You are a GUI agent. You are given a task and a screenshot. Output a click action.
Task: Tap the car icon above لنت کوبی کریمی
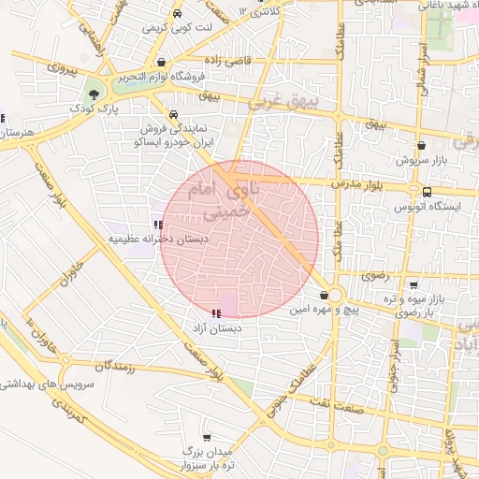click(178, 14)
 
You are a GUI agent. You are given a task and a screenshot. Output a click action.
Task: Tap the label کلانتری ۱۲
click(258, 11)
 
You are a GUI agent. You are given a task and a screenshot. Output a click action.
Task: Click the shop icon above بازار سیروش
click(422, 146)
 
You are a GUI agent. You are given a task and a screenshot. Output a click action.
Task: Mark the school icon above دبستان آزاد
click(217, 314)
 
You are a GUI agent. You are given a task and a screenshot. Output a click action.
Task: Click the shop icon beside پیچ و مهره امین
click(324, 294)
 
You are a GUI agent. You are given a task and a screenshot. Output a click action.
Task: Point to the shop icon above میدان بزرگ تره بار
click(207, 436)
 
